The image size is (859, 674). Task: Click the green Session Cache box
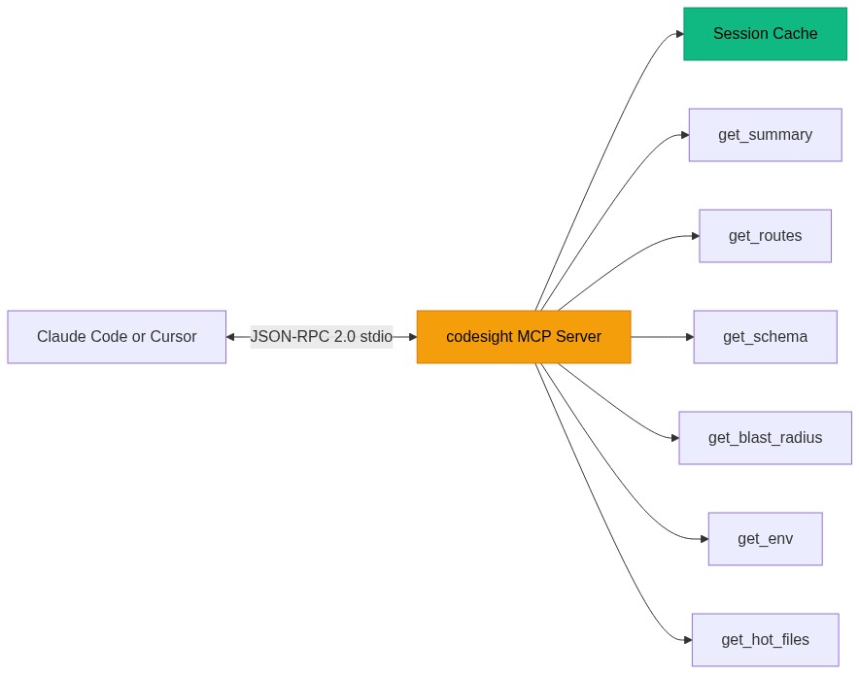pyautogui.click(x=765, y=34)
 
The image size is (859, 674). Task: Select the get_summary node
pyautogui.click(x=765, y=135)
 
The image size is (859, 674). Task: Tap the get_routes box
pyautogui.click(x=765, y=236)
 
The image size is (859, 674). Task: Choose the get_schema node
pyautogui.click(x=765, y=337)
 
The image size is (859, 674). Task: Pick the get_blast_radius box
pyautogui.click(x=765, y=438)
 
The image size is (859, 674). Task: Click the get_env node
pyautogui.click(x=765, y=539)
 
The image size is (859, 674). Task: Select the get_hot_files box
pyautogui.click(x=765, y=640)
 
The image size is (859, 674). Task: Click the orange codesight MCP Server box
pyautogui.click(x=524, y=337)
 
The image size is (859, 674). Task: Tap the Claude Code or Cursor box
pyautogui.click(x=117, y=337)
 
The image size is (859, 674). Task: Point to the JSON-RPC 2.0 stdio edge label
pyautogui.click(x=322, y=337)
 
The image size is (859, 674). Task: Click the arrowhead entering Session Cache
pyautogui.click(x=679, y=34)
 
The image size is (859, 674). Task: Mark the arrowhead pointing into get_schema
pyautogui.click(x=689, y=337)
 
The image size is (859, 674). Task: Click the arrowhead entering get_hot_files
pyautogui.click(x=687, y=640)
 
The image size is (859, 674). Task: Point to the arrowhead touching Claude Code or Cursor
pyautogui.click(x=231, y=337)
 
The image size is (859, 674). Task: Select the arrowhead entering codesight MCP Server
pyautogui.click(x=412, y=337)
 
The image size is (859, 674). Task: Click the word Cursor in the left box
pyautogui.click(x=173, y=337)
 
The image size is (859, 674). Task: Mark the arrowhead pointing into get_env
pyautogui.click(x=704, y=539)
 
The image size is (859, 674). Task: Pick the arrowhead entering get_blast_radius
pyautogui.click(x=673, y=438)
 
